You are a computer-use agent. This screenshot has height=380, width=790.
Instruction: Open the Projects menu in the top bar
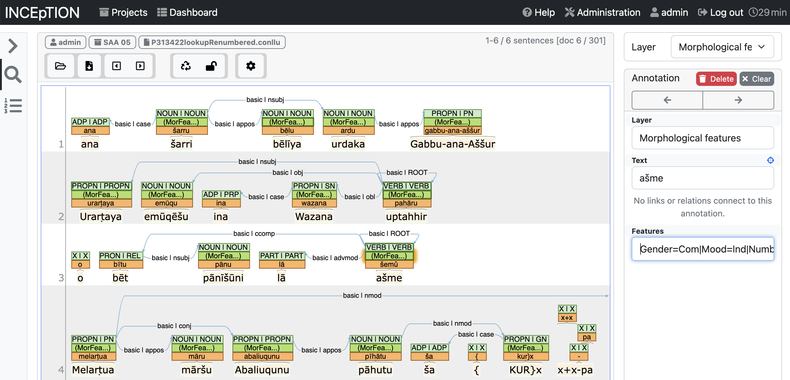(x=123, y=12)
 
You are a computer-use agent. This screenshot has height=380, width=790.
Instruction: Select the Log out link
(x=720, y=12)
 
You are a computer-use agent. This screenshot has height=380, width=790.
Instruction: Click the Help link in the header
(x=538, y=12)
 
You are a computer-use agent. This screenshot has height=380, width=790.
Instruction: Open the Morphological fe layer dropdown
(x=722, y=47)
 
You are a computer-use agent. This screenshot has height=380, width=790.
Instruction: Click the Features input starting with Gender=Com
(x=702, y=249)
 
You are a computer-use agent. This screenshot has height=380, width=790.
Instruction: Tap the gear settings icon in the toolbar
(x=251, y=66)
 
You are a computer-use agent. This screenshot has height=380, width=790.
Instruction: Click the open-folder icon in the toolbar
(x=60, y=66)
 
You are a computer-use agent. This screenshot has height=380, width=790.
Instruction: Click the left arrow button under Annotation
(x=667, y=100)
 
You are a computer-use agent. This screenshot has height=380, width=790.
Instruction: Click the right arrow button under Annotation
(x=738, y=100)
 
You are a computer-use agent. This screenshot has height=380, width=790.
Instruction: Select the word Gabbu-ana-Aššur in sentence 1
(x=452, y=144)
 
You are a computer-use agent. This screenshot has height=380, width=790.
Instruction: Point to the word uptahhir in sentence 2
(x=406, y=217)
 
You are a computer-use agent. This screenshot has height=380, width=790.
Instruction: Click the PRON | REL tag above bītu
(x=120, y=256)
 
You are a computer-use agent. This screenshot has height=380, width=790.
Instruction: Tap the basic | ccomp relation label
(x=254, y=233)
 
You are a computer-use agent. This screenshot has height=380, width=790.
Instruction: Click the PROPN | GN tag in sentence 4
(x=525, y=339)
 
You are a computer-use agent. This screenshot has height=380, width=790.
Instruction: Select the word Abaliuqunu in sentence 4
(x=262, y=370)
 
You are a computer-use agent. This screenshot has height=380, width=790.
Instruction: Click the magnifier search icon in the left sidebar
(x=12, y=74)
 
